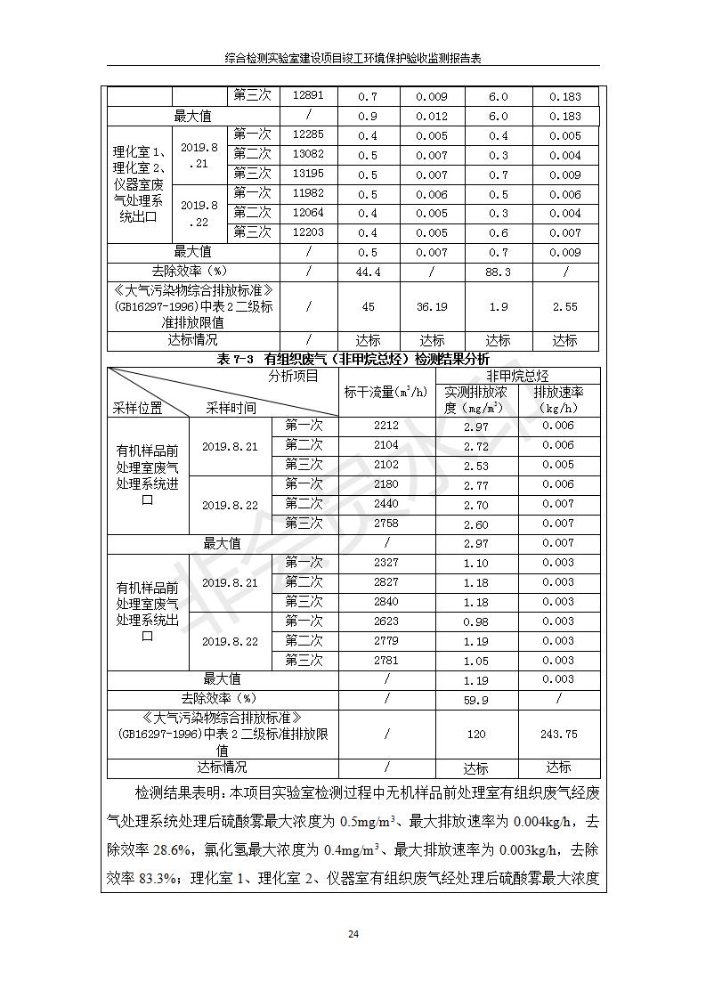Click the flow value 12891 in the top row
[x=308, y=96]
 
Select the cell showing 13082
[x=308, y=155]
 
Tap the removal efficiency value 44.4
[x=368, y=272]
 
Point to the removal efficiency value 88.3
[x=499, y=272]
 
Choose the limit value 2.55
[x=564, y=306]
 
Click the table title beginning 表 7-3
[x=353, y=359]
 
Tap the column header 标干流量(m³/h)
[x=385, y=392]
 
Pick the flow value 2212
[x=386, y=426]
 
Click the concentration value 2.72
[x=476, y=446]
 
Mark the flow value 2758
[x=386, y=524]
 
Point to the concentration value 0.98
[x=476, y=621]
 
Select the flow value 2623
[x=386, y=621]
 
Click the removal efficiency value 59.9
[x=476, y=700]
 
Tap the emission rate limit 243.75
[x=558, y=735]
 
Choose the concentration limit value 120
[x=476, y=735]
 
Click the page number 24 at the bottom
[x=353, y=934]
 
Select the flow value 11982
[x=308, y=194]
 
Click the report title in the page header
[x=353, y=58]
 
